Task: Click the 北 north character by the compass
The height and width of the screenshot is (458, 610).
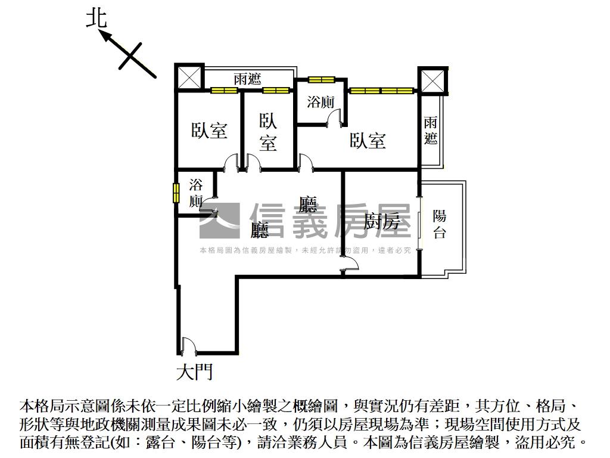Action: tap(97, 17)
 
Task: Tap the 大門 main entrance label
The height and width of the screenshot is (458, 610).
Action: tap(195, 373)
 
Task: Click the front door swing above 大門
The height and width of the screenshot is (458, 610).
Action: tap(188, 345)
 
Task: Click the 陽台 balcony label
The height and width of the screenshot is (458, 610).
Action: tap(440, 224)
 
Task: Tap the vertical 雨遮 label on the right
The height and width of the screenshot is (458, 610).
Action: tap(431, 131)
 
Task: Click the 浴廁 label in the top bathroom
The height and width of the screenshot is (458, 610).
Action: tap(320, 102)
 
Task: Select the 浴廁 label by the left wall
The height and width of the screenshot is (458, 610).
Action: tap(196, 193)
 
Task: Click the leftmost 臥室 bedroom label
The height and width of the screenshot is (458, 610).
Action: tap(209, 131)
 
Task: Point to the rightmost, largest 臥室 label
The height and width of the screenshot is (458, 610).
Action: tap(368, 141)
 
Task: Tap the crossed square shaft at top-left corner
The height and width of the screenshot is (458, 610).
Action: tap(189, 78)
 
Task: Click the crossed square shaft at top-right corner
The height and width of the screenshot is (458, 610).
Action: tap(432, 81)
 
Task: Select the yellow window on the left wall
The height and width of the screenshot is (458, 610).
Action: tap(176, 193)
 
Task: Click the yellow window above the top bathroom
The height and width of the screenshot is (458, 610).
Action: tap(321, 79)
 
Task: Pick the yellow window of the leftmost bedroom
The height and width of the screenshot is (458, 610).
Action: tap(224, 91)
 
